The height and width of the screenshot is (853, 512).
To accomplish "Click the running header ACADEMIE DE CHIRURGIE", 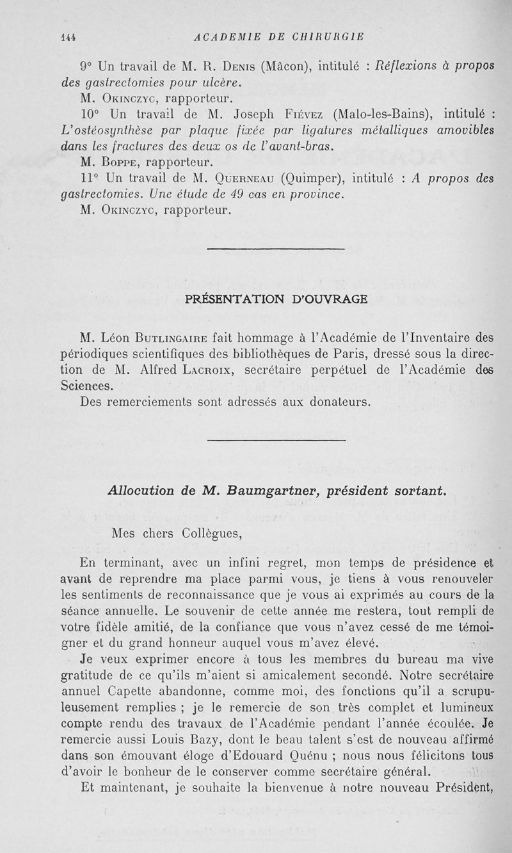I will pyautogui.click(x=279, y=37).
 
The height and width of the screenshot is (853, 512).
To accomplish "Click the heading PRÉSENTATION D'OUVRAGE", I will pyautogui.click(x=276, y=298).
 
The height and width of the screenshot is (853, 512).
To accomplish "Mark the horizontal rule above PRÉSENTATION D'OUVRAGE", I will pyautogui.click(x=276, y=249).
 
